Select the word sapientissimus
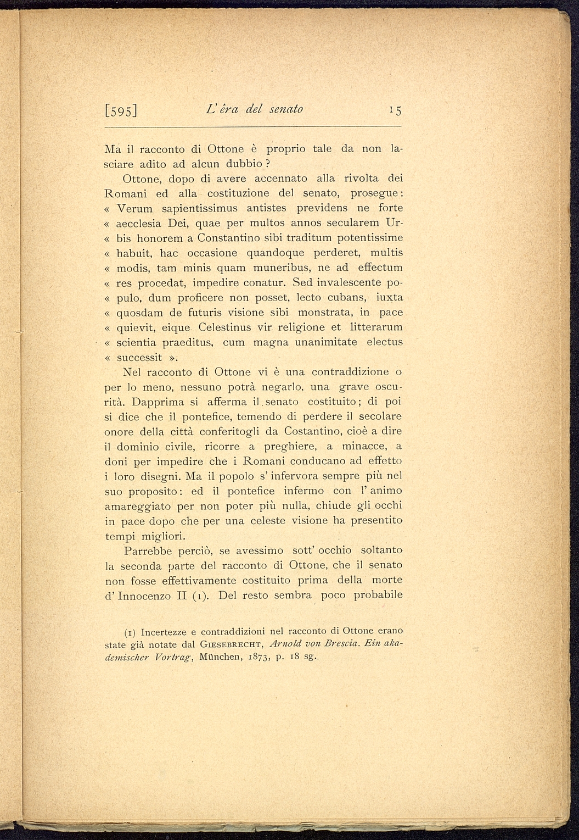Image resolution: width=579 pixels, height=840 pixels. tap(201, 208)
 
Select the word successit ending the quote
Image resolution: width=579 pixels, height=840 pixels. tap(139, 357)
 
